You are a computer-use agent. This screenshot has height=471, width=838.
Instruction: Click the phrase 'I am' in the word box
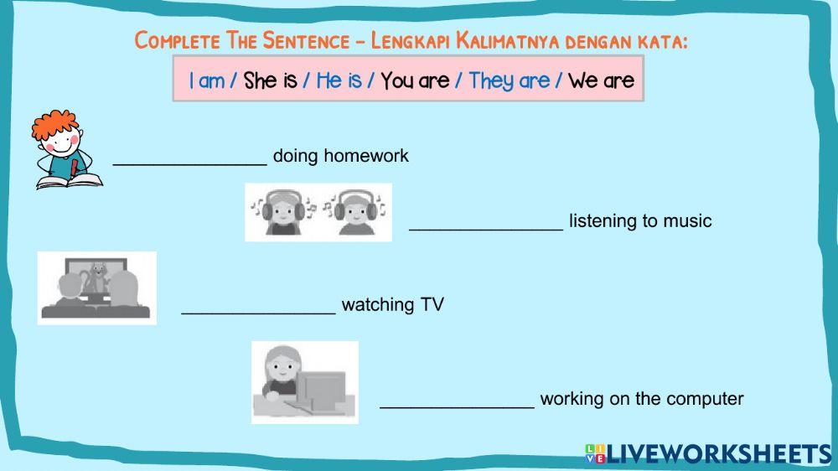206,80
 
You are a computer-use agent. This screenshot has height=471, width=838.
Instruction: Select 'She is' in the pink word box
270,80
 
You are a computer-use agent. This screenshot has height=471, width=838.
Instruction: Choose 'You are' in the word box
414,80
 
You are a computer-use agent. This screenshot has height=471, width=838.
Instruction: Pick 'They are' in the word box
509,80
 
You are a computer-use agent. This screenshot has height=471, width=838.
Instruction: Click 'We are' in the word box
601,80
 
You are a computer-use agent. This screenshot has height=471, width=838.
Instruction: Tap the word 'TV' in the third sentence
432,305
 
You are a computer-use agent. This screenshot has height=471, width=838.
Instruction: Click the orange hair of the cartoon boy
54,124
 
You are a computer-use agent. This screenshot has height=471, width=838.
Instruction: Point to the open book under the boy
69,180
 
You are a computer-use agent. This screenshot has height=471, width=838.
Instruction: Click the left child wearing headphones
282,213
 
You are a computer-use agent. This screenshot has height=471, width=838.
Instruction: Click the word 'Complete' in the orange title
177,40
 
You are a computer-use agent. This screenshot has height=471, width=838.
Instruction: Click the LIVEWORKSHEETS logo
708,454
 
